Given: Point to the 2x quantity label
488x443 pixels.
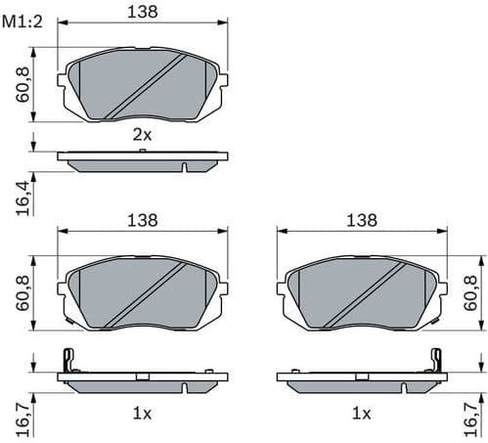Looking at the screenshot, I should click(143, 136).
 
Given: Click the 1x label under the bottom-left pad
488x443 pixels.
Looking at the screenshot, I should click(143, 414).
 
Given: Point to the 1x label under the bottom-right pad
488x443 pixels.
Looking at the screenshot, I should click(362, 414).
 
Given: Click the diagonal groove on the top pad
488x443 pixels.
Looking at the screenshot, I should click(147, 86).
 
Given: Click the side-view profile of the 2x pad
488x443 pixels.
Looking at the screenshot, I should click(143, 159).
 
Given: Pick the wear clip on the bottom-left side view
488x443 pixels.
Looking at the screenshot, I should click(67, 360).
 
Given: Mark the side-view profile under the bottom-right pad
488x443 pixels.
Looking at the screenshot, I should click(362, 378).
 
